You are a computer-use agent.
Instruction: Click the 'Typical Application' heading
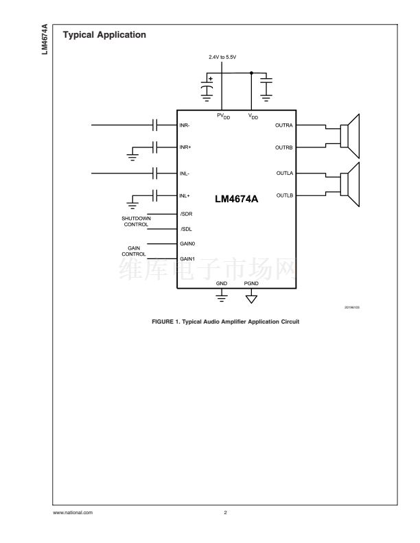coord(104,35)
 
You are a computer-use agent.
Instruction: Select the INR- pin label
coord(185,125)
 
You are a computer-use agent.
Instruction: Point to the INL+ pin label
coord(185,195)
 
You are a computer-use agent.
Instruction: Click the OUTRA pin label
coord(284,125)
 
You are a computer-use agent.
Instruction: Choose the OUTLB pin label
coord(284,195)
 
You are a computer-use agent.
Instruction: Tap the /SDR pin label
coord(186,214)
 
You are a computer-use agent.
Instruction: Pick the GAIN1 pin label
coord(187,258)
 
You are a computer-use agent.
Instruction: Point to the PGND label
coord(251,283)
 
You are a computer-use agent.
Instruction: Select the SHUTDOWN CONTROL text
coord(136,221)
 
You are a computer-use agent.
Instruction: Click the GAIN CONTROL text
coord(135,251)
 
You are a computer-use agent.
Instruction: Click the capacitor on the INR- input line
coord(156,125)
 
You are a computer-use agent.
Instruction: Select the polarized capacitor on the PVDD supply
coord(206,89)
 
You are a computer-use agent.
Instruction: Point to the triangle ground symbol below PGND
coord(251,298)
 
